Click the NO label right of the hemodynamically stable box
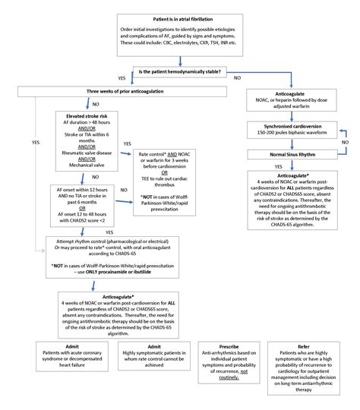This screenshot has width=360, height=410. tap(238, 78)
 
